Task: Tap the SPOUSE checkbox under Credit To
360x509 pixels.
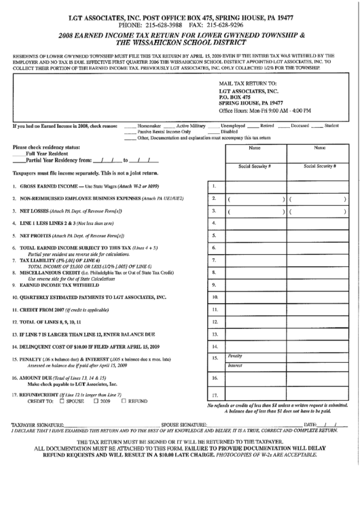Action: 62,401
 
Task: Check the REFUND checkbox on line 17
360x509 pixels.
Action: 123,401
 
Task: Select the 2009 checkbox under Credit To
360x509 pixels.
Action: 95,401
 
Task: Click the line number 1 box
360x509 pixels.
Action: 214,186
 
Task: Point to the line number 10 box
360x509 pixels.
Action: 214,297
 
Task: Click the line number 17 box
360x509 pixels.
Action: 214,396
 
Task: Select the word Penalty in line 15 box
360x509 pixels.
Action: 235,355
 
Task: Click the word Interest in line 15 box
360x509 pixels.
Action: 235,365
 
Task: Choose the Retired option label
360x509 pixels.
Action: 267,126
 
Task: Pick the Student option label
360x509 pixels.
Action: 331,126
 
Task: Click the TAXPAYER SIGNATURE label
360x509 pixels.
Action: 38,424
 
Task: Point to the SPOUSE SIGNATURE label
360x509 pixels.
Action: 183,424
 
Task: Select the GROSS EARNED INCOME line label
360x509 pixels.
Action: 48,186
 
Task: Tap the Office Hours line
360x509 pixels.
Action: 265,110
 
